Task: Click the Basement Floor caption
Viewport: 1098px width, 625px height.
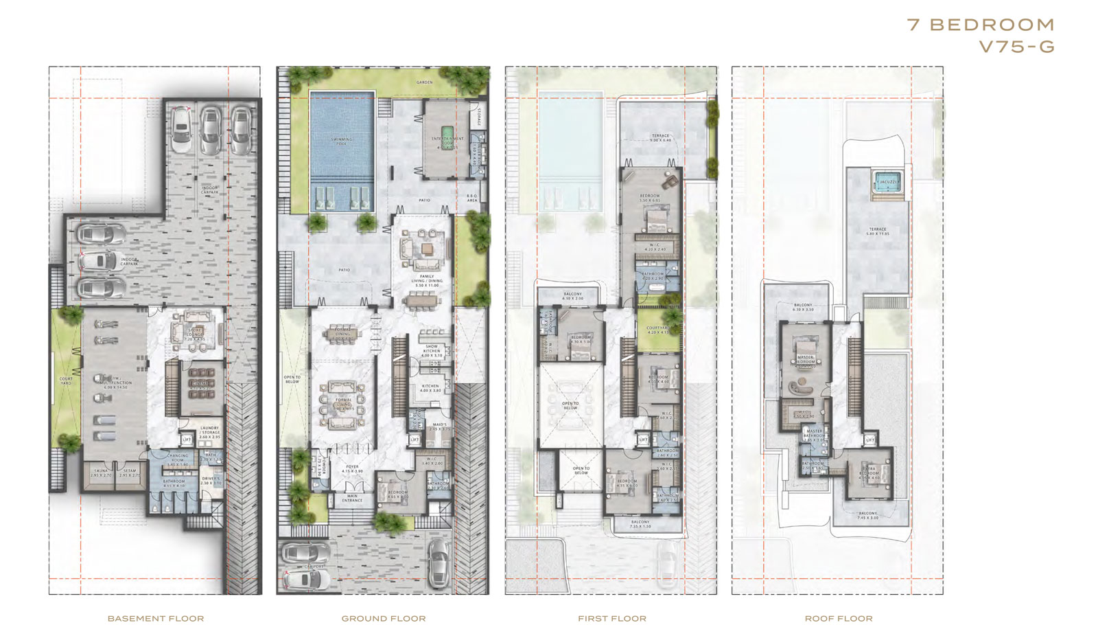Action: click(x=156, y=618)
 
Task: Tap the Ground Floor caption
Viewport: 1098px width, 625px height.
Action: click(x=384, y=618)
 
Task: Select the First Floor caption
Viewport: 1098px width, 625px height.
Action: click(x=612, y=618)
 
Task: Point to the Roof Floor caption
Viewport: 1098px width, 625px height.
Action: click(x=839, y=618)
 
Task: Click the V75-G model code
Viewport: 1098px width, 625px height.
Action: click(x=1016, y=47)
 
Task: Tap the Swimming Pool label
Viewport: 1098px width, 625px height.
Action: click(x=342, y=141)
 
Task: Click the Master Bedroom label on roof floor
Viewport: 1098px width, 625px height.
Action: click(x=806, y=359)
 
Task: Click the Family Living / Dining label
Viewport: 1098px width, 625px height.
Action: click(x=426, y=279)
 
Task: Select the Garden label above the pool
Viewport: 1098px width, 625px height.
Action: click(x=425, y=82)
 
